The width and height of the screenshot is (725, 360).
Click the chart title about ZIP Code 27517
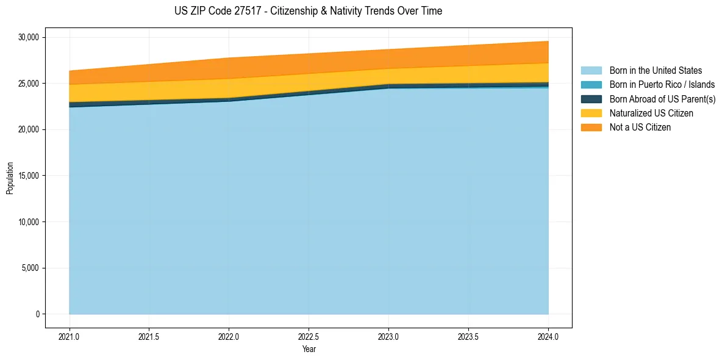308,11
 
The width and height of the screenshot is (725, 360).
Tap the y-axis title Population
10,178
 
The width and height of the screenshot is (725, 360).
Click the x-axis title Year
309,349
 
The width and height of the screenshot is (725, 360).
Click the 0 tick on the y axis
37,314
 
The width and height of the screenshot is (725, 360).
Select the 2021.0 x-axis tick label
70,336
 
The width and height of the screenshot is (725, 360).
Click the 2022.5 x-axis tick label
309,336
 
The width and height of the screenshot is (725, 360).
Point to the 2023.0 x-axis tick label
388,336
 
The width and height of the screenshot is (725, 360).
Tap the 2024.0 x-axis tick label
548,336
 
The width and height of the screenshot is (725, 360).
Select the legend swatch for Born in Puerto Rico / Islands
591,85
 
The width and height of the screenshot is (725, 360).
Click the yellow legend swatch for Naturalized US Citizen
591,113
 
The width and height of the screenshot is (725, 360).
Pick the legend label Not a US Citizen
640,128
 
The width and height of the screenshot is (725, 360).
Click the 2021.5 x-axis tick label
149,336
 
